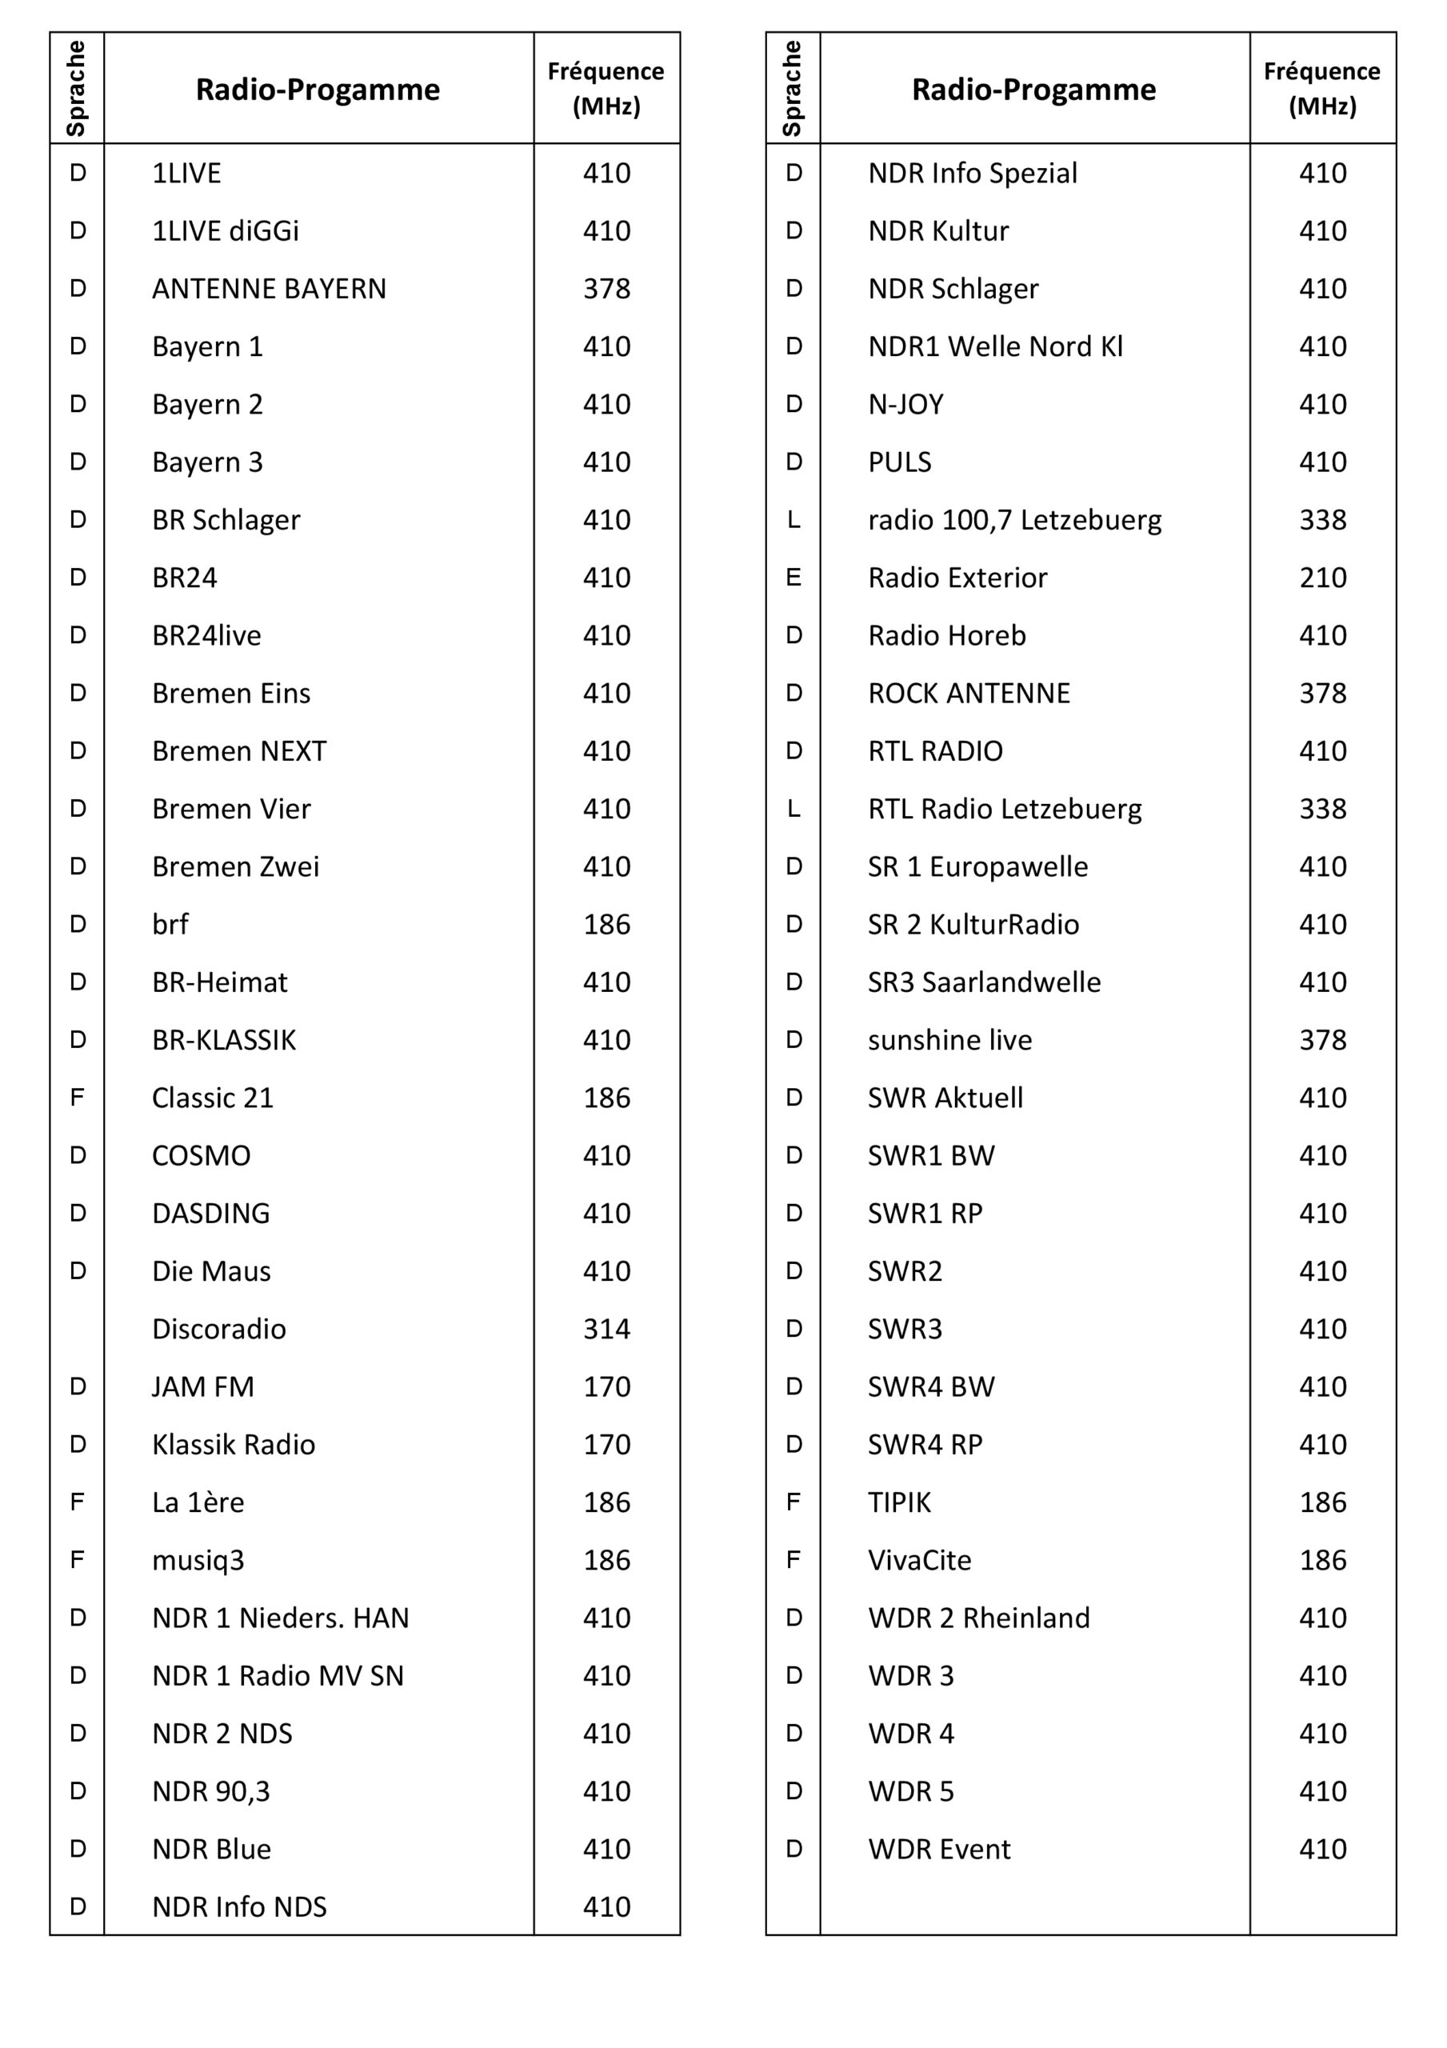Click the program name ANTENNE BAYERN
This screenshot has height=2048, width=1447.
point(269,289)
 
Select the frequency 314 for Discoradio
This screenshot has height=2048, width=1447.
point(606,1329)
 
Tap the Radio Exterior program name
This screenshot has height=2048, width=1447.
point(957,578)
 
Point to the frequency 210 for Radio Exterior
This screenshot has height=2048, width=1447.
point(1322,578)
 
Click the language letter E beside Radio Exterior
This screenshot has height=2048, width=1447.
point(793,578)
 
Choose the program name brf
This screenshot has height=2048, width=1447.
point(170,924)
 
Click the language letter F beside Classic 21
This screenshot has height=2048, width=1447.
point(78,1098)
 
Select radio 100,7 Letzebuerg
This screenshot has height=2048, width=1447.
point(1014,520)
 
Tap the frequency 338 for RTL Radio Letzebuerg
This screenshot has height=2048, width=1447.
point(1322,809)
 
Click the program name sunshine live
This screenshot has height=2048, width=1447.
point(949,1040)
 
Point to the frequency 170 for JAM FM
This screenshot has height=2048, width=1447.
point(606,1387)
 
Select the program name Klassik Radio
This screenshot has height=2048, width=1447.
point(233,1445)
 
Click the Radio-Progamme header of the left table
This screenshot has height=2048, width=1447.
point(318,89)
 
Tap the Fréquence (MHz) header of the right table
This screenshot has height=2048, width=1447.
point(1322,88)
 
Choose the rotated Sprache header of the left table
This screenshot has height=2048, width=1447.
point(77,88)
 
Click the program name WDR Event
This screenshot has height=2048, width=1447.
point(938,1849)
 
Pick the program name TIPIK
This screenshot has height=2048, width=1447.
point(899,1503)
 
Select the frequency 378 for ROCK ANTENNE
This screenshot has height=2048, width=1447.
point(1322,693)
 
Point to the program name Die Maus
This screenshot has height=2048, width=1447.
point(210,1271)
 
